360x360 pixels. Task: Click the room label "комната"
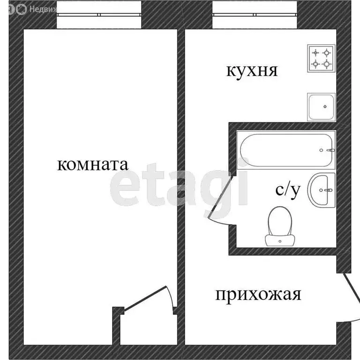click(x=92, y=165)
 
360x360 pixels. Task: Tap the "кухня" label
click(x=252, y=71)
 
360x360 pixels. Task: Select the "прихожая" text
click(x=258, y=295)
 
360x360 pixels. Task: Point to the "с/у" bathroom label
click(x=287, y=190)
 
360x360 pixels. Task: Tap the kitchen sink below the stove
click(x=321, y=106)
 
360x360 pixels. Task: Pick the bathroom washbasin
click(x=322, y=190)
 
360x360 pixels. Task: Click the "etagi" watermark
click(x=180, y=185)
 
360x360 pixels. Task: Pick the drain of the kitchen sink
click(x=325, y=107)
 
